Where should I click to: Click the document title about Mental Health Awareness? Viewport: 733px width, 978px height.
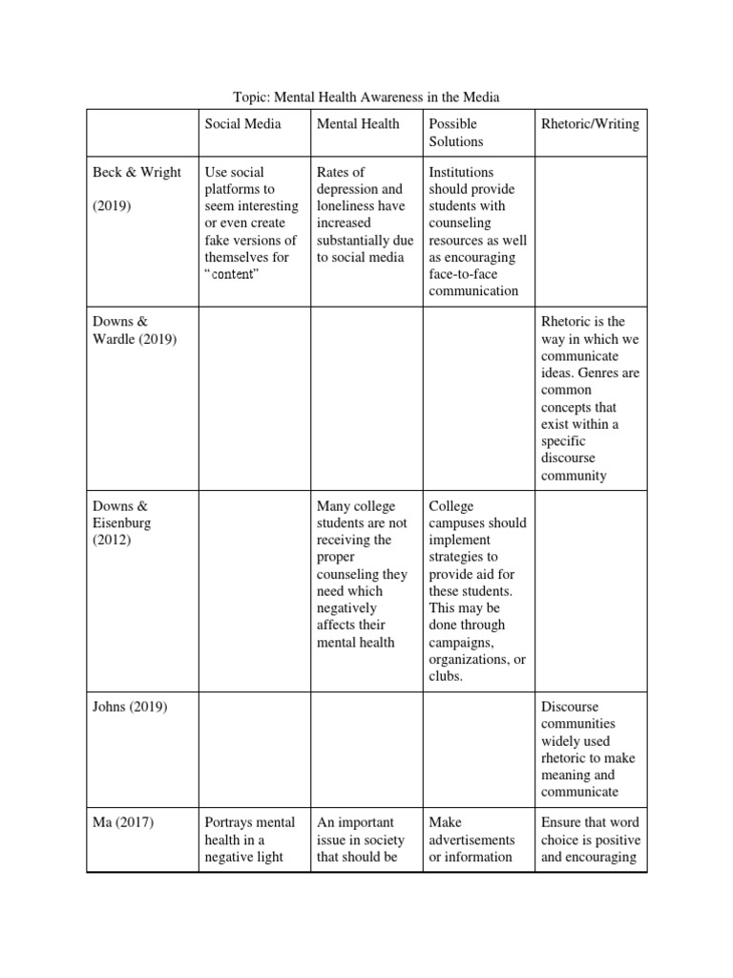tap(366, 96)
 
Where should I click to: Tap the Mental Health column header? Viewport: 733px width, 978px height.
tap(358, 123)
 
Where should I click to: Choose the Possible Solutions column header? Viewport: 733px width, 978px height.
tap(456, 132)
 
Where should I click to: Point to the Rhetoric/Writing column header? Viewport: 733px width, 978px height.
tap(590, 123)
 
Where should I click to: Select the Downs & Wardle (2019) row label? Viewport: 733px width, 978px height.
tap(135, 330)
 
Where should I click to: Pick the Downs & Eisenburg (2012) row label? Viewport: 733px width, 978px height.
tap(121, 523)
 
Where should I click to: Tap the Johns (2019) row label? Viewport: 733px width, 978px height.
tap(130, 707)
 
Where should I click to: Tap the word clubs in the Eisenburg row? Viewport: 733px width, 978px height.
tap(446, 677)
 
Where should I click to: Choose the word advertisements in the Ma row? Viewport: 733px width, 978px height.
tap(471, 840)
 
